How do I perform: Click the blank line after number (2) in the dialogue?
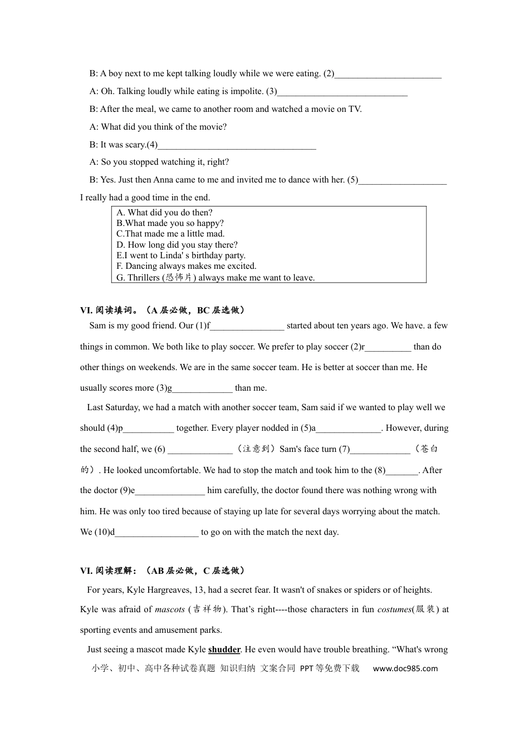[388, 75]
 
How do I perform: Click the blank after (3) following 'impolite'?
[342, 92]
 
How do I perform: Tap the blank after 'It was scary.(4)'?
[237, 146]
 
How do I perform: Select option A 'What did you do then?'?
[164, 213]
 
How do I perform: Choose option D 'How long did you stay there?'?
[177, 245]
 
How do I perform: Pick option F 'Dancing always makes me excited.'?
[187, 266]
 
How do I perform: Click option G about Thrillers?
[215, 277]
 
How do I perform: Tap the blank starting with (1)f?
[247, 327]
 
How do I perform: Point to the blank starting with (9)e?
[170, 491]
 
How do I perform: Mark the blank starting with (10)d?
[156, 533]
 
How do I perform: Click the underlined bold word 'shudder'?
[224, 649]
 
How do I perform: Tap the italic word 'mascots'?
[170, 609]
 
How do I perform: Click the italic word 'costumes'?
[394, 609]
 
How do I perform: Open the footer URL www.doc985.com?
[405, 668]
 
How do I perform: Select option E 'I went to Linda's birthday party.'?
[181, 255]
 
